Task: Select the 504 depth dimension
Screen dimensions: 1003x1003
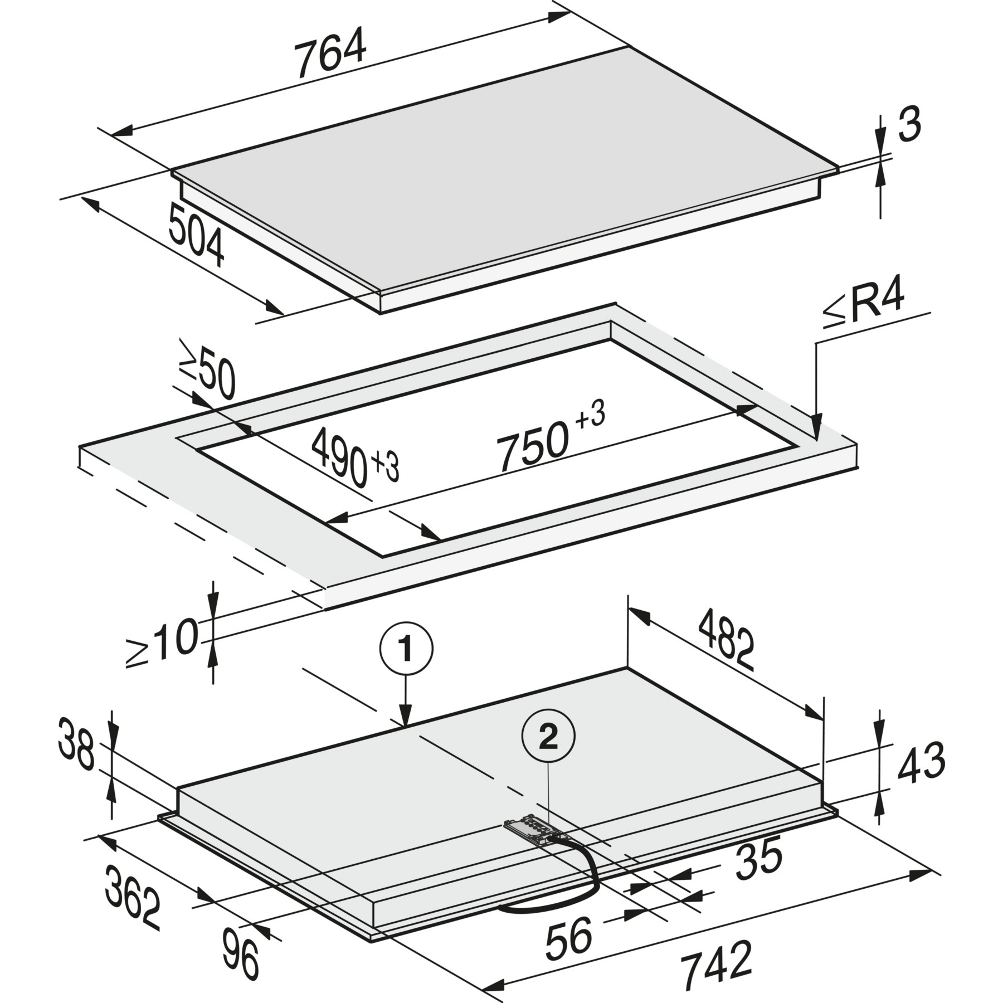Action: pyautogui.click(x=196, y=235)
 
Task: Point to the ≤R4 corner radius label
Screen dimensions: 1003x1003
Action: pyautogui.click(x=863, y=305)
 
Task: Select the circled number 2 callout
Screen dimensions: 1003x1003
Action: pyautogui.click(x=548, y=738)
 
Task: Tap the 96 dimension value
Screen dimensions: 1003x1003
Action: pyautogui.click(x=241, y=955)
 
